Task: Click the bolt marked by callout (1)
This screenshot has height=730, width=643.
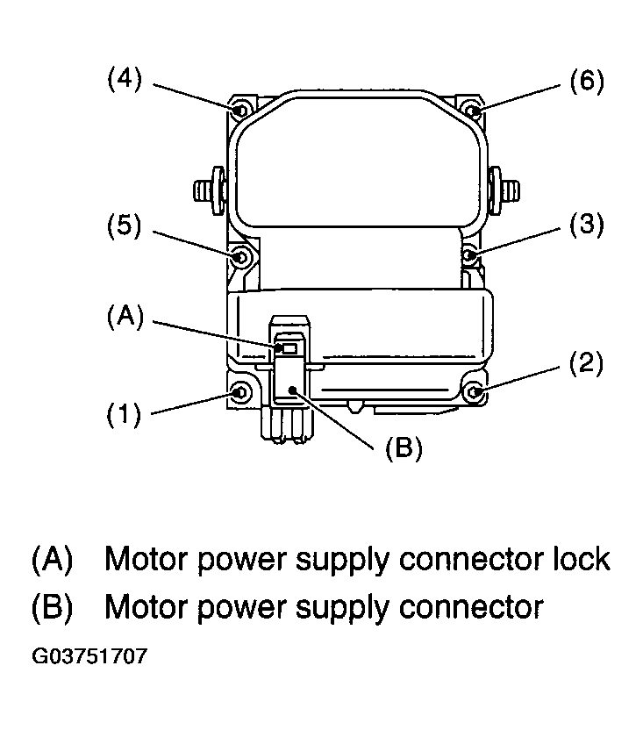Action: pos(240,392)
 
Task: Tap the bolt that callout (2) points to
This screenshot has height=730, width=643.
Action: pos(474,392)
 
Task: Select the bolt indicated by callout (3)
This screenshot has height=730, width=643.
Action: pos(469,255)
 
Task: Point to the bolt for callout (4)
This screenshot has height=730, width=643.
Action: pos(240,111)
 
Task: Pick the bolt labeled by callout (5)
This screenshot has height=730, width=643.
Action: pos(240,256)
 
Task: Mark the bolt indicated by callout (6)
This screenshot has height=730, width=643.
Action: pos(473,111)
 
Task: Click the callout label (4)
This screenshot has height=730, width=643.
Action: pos(125,79)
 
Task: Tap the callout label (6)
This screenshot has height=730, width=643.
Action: pos(587,81)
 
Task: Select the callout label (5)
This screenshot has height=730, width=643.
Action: pos(124,225)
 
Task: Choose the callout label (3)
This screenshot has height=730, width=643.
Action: pos(587,224)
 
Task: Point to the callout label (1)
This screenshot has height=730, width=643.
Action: pos(124,413)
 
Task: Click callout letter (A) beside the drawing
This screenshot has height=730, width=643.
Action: pos(125,317)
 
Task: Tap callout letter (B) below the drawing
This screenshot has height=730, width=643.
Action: pos(404,447)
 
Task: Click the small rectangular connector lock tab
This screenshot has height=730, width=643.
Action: pos(289,348)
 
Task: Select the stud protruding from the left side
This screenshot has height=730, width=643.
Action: pos(210,190)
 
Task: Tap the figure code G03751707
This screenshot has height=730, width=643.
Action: pos(89,656)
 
